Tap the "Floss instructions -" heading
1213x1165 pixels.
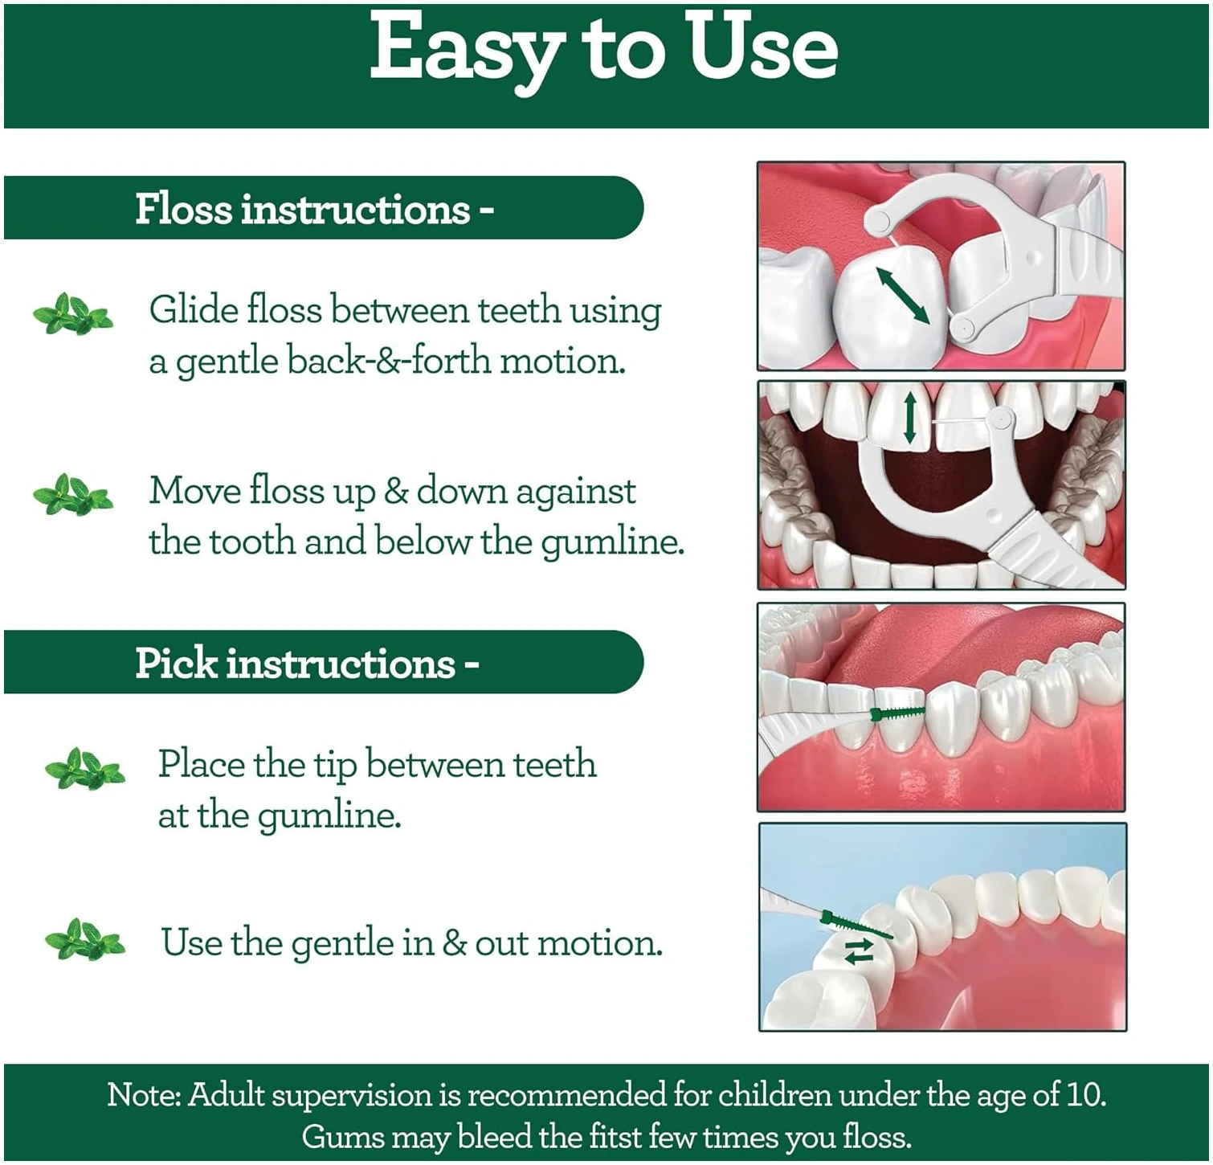pos(314,209)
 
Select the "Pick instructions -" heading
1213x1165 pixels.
pos(307,663)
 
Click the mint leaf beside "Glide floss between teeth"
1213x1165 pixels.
pos(72,314)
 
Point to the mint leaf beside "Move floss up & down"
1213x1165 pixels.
pos(72,494)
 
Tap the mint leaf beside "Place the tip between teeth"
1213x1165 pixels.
pos(85,769)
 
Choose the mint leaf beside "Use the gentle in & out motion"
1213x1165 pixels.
pos(85,939)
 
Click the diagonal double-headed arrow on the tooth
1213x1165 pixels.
pos(902,296)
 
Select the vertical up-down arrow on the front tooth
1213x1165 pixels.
pos(909,417)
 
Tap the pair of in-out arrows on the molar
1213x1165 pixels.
pos(859,950)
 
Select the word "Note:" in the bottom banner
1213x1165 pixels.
pos(145,1094)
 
